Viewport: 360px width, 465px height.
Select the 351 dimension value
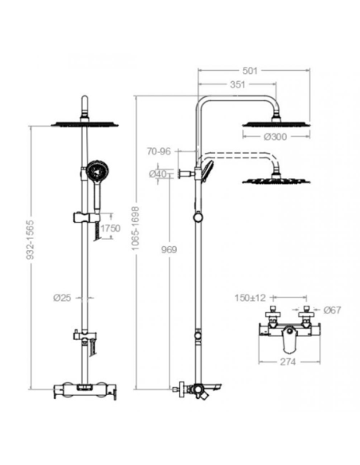click(x=237, y=84)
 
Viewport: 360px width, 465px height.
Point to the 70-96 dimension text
click(x=159, y=151)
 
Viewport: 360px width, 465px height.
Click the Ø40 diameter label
click(x=158, y=173)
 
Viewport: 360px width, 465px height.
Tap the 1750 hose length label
click(x=109, y=228)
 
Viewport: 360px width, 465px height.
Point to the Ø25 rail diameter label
click(x=63, y=297)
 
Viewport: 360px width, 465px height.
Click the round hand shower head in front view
click(x=97, y=170)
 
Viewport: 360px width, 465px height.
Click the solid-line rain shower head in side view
click(x=276, y=123)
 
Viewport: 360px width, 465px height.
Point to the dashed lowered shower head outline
click(x=276, y=178)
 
